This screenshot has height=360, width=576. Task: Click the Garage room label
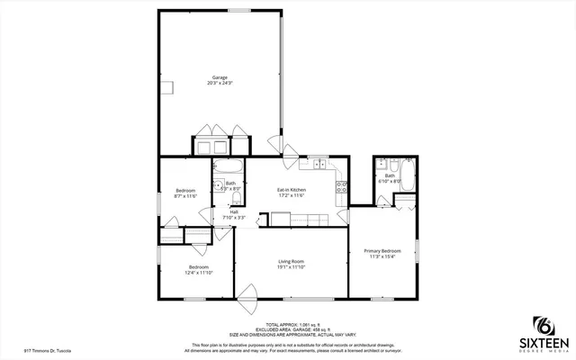point(220,80)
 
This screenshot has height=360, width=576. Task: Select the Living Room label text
point(291,265)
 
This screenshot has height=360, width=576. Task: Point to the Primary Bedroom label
point(382,253)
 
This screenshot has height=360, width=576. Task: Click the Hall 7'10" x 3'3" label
point(233,215)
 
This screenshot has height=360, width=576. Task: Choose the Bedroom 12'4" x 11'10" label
point(198,269)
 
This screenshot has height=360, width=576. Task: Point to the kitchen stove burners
point(341,187)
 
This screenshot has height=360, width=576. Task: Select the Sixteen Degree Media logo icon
point(543,325)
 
